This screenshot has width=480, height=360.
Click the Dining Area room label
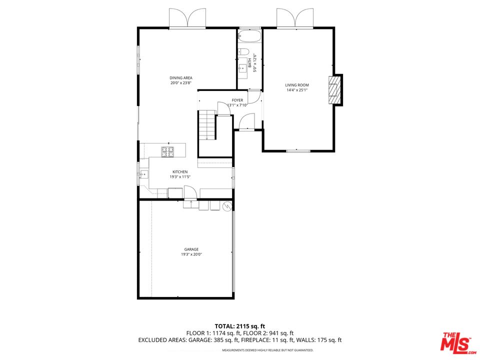click(x=180, y=78)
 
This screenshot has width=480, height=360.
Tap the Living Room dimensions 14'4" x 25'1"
click(x=297, y=90)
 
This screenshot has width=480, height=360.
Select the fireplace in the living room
click(x=334, y=90)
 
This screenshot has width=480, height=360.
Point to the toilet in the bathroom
click(x=244, y=51)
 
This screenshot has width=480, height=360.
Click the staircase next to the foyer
click(x=206, y=125)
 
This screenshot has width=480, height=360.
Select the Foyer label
click(x=237, y=100)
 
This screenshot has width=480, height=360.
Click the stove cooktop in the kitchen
click(x=167, y=150)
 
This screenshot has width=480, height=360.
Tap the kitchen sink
click(x=144, y=174)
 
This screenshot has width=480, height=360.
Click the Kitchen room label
click(x=166, y=172)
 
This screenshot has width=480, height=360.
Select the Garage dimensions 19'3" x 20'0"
click(x=191, y=254)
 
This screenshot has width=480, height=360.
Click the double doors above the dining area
click(x=187, y=18)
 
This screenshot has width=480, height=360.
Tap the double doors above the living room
click(x=295, y=18)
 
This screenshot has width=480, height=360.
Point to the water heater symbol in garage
click(x=227, y=205)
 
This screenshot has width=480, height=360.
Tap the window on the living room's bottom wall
click(x=298, y=150)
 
